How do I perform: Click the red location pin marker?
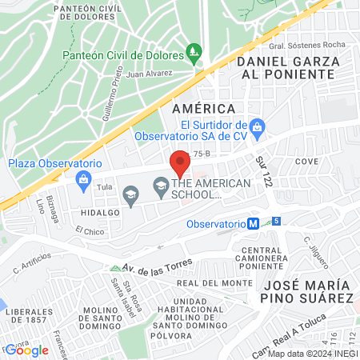(180, 165)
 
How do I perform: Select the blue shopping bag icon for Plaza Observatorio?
(82, 178)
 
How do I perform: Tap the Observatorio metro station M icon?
(252, 225)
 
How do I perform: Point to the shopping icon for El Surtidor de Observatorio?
(257, 126)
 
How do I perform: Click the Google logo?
(26, 350)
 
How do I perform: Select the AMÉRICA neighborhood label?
(203, 108)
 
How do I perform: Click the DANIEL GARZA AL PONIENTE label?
(285, 66)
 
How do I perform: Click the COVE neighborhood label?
(306, 161)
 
